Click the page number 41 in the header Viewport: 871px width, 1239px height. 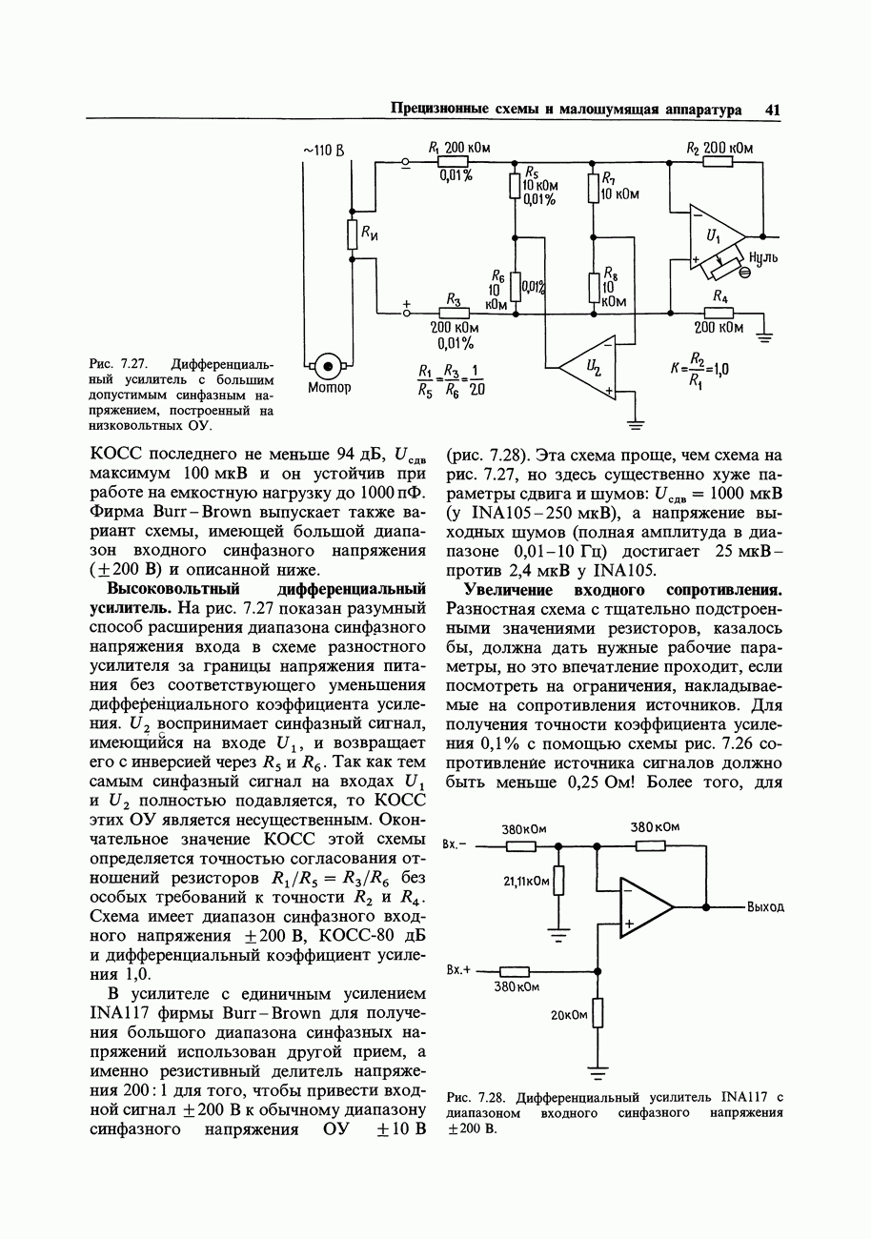[771, 110]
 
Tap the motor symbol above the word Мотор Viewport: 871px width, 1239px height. [328, 365]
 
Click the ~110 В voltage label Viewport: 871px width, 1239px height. [323, 151]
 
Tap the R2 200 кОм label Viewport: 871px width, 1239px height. [719, 148]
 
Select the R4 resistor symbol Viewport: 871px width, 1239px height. [719, 312]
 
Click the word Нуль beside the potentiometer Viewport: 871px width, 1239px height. [764, 257]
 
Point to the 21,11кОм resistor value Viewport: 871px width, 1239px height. [526, 882]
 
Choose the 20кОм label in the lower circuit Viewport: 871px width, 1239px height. [569, 1015]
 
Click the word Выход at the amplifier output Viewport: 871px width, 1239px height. [765, 906]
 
